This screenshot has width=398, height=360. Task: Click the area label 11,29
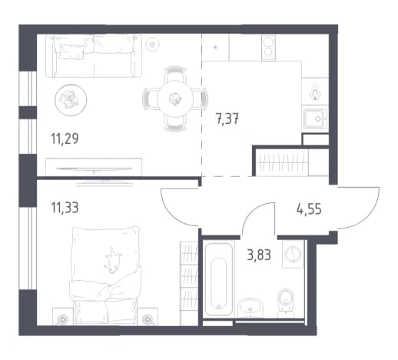tap(65, 139)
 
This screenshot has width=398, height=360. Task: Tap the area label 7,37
tap(227, 119)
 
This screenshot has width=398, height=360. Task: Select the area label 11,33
tap(65, 208)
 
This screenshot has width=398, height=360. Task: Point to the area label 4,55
tap(309, 209)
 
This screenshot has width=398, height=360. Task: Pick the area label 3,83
tap(259, 255)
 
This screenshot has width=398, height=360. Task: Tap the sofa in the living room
tap(94, 56)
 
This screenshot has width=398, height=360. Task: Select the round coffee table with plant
tap(71, 99)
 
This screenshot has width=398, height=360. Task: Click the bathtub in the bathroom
tap(219, 278)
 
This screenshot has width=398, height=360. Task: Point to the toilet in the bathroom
tap(286, 302)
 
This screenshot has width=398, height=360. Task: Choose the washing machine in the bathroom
tap(293, 254)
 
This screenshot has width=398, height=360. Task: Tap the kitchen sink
tap(316, 118)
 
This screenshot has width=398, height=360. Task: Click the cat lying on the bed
tap(112, 260)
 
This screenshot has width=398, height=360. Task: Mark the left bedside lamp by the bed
tap(62, 319)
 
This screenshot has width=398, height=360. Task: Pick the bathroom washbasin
tap(250, 308)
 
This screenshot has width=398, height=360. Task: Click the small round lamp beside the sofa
tap(153, 45)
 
